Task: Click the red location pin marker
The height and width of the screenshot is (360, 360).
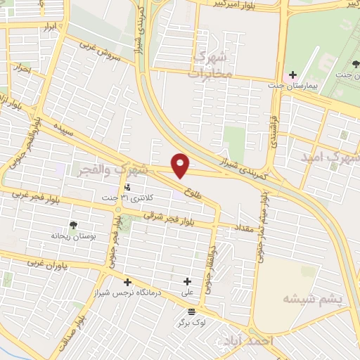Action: click(x=181, y=166)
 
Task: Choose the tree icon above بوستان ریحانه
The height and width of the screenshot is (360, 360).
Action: click(x=72, y=225)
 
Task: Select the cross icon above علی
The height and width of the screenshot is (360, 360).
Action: click(x=187, y=281)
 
